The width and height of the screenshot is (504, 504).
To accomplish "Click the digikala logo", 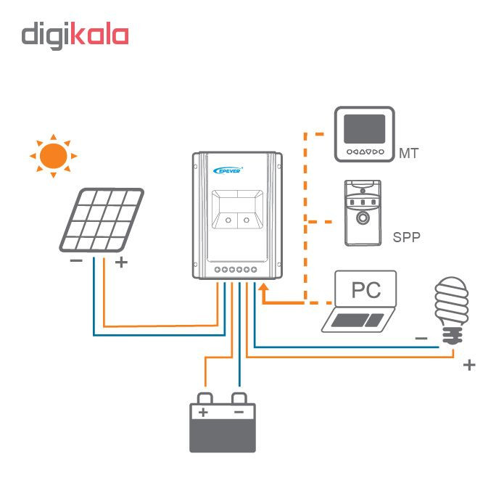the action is pos(75,36).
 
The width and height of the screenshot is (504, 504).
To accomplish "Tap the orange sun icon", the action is pos(54,156).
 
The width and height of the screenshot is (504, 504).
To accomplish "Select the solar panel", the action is pos(102,220).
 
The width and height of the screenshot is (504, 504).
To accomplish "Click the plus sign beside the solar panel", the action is pos(122,263).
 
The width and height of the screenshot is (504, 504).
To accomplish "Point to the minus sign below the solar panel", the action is pos(76,260).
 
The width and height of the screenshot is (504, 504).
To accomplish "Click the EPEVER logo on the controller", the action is pos(228,170).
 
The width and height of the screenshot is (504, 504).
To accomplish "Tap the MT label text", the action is pos(408,153).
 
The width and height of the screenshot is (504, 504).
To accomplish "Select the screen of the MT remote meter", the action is pos(365,129).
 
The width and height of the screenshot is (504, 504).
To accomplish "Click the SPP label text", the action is pos(406,237).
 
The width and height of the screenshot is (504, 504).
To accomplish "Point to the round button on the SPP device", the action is pos(363,218).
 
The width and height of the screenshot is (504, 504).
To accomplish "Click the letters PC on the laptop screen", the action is pos(365,289).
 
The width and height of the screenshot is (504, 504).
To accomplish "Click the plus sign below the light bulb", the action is pos(469,365).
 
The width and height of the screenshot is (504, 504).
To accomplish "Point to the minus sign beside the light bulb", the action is pos(421,338).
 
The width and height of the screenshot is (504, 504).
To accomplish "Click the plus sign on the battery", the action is pos(203,412).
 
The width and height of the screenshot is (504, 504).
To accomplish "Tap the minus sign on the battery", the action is pos(239,412).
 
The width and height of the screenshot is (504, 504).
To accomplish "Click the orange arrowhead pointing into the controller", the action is pos(263,287).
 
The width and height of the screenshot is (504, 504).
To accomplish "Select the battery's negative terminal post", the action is pos(239,398).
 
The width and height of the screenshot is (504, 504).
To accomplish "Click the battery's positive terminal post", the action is pos(205,398).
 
